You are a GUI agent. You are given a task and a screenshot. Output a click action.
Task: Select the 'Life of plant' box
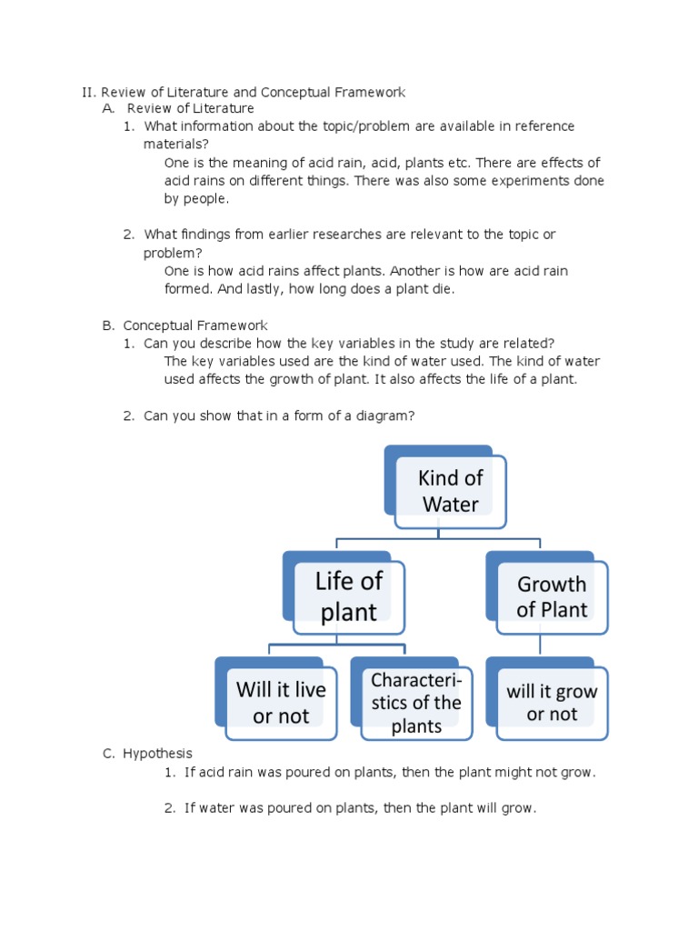348,596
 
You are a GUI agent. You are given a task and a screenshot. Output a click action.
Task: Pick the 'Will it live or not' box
281,702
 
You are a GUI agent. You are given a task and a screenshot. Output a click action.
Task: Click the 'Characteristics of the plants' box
416,703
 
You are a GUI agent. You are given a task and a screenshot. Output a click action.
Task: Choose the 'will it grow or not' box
552,703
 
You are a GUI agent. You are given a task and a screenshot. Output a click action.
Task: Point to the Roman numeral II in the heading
87,93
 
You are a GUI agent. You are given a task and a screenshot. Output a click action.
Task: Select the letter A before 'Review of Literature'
107,109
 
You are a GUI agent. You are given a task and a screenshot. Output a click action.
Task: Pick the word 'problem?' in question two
173,253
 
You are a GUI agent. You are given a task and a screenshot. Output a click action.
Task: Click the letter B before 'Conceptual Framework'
107,325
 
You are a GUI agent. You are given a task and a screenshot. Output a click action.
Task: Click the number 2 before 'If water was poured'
169,808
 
